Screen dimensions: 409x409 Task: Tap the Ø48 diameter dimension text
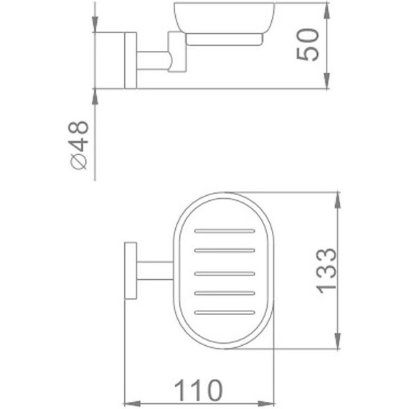tap(80, 145)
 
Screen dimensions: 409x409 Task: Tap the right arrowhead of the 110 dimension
tap(269, 403)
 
